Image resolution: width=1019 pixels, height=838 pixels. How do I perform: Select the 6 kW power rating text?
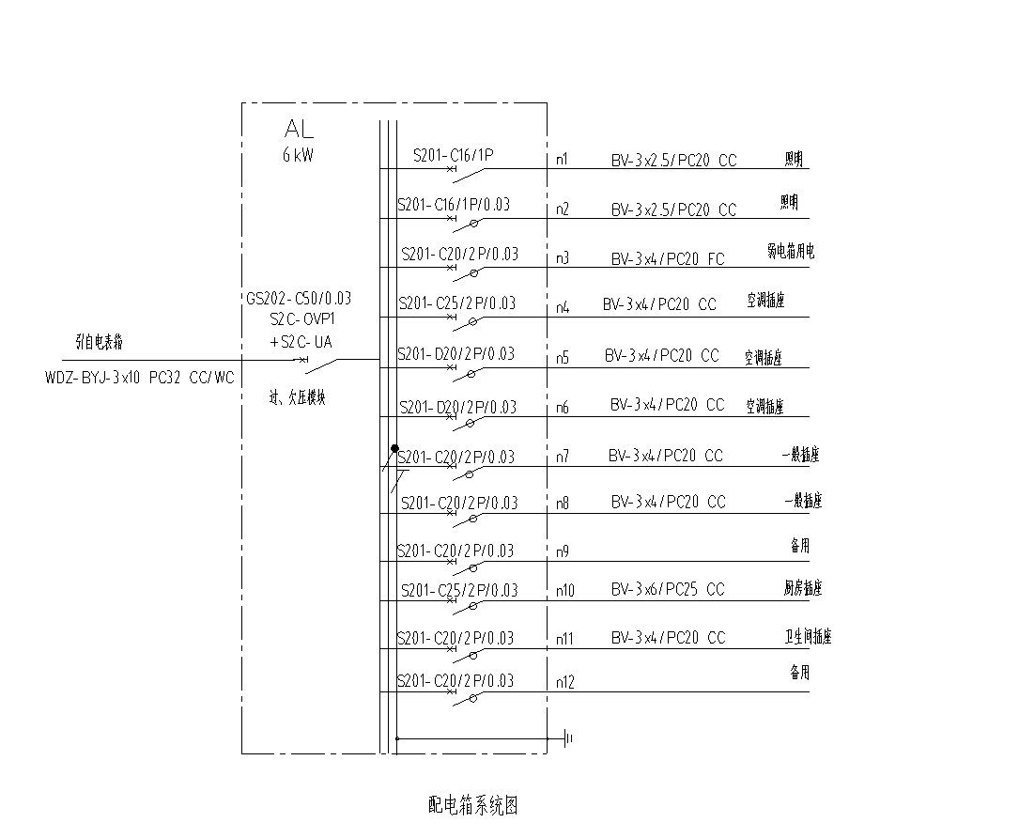298,156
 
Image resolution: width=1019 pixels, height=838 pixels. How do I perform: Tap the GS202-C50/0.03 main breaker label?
299,299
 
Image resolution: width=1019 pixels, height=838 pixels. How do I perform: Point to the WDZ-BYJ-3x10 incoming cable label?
139,378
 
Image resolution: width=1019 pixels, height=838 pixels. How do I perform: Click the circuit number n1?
562,160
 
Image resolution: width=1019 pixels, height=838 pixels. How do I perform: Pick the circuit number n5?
562,357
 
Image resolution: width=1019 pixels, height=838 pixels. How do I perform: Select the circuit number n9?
562,551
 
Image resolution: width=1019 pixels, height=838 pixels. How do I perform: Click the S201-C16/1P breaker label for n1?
454,153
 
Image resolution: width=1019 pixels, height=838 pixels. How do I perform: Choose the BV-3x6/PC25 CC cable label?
668,590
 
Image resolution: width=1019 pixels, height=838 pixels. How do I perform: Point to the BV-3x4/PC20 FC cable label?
668,258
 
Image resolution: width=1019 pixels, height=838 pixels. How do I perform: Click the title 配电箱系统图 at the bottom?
473,805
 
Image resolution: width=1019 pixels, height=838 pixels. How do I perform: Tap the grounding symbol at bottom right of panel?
568,738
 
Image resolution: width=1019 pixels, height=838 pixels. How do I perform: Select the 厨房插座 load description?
802,589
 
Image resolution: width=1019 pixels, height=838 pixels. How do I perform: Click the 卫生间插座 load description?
808,636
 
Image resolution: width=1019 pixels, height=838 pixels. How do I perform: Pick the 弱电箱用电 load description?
790,252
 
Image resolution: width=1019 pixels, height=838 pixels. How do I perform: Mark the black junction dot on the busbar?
394,449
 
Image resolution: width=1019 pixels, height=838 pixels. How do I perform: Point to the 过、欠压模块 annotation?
297,398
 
